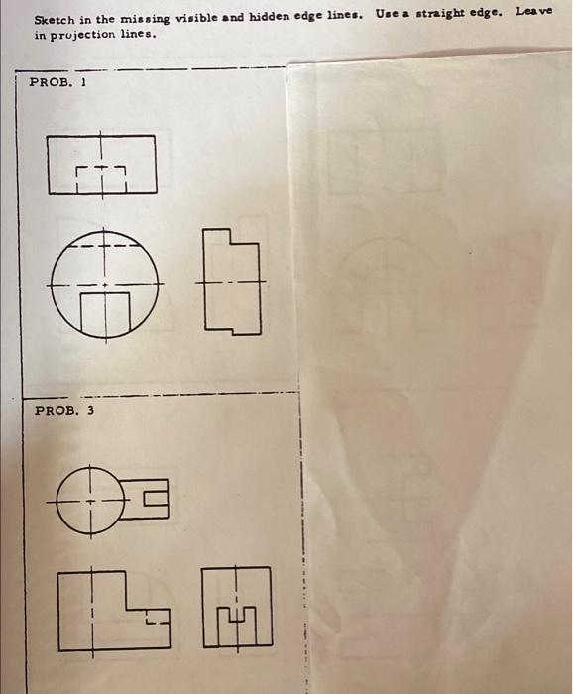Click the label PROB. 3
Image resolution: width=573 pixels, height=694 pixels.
tap(64, 409)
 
